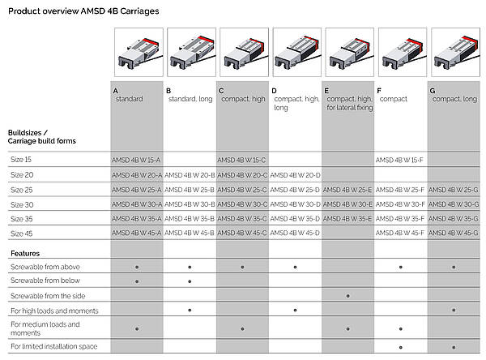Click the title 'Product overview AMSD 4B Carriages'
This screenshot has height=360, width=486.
pos(83,11)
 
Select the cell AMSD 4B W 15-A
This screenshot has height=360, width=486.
pos(136,161)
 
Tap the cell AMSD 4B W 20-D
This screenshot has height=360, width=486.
pos(295,175)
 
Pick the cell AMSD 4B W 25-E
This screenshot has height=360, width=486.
pos(347,190)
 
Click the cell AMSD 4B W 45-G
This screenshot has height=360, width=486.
pos(453,233)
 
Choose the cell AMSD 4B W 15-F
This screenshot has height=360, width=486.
pos(399,161)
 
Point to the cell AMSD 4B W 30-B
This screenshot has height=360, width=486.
pos(190,204)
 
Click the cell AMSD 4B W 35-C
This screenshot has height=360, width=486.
pos(242,219)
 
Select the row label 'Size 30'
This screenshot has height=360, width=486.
pos(22,205)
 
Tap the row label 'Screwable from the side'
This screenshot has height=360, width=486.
pos(48,296)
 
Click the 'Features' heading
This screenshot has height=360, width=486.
pos(25,254)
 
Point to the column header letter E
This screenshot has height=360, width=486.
pos(326,91)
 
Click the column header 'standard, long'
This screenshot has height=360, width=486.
pos(190,99)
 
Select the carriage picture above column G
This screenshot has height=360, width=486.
pos(455,52)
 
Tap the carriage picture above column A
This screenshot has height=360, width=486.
pos(139,52)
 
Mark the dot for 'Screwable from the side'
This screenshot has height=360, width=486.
pos(347,296)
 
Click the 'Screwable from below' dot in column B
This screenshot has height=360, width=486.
pos(190,281)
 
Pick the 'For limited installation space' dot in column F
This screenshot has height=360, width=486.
pos(401,347)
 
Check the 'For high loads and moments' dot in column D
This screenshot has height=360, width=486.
pos(295,310)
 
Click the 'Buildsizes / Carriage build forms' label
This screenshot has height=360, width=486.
pos(42,137)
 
